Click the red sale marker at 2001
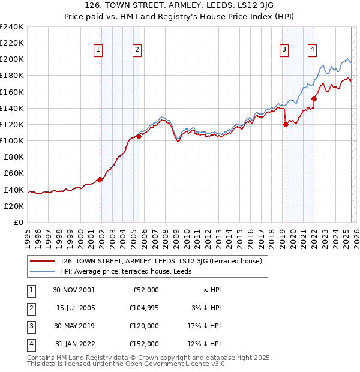click(100, 179)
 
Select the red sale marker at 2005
click(139, 136)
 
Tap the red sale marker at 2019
click(286, 124)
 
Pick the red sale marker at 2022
click(314, 98)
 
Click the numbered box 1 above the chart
click(98, 50)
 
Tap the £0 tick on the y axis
click(18, 222)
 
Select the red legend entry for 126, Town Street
click(157, 261)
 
